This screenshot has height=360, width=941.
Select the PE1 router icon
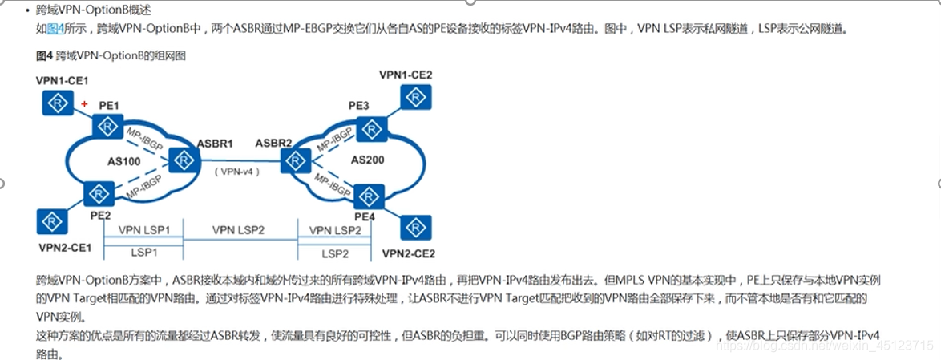[x=107, y=126]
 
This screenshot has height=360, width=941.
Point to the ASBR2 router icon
[x=296, y=161]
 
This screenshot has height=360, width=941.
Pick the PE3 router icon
[x=370, y=128]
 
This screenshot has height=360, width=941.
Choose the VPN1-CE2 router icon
[x=416, y=98]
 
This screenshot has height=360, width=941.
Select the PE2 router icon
[x=99, y=193]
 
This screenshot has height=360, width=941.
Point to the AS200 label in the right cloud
[x=367, y=160]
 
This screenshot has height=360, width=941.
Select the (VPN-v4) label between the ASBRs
[x=240, y=172]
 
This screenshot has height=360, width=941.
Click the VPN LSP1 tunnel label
[x=144, y=230]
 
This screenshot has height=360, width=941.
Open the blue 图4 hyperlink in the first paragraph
[x=55, y=29]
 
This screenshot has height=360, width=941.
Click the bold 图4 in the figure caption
[x=44, y=56]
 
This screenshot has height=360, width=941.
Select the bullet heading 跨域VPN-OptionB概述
[x=93, y=10]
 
